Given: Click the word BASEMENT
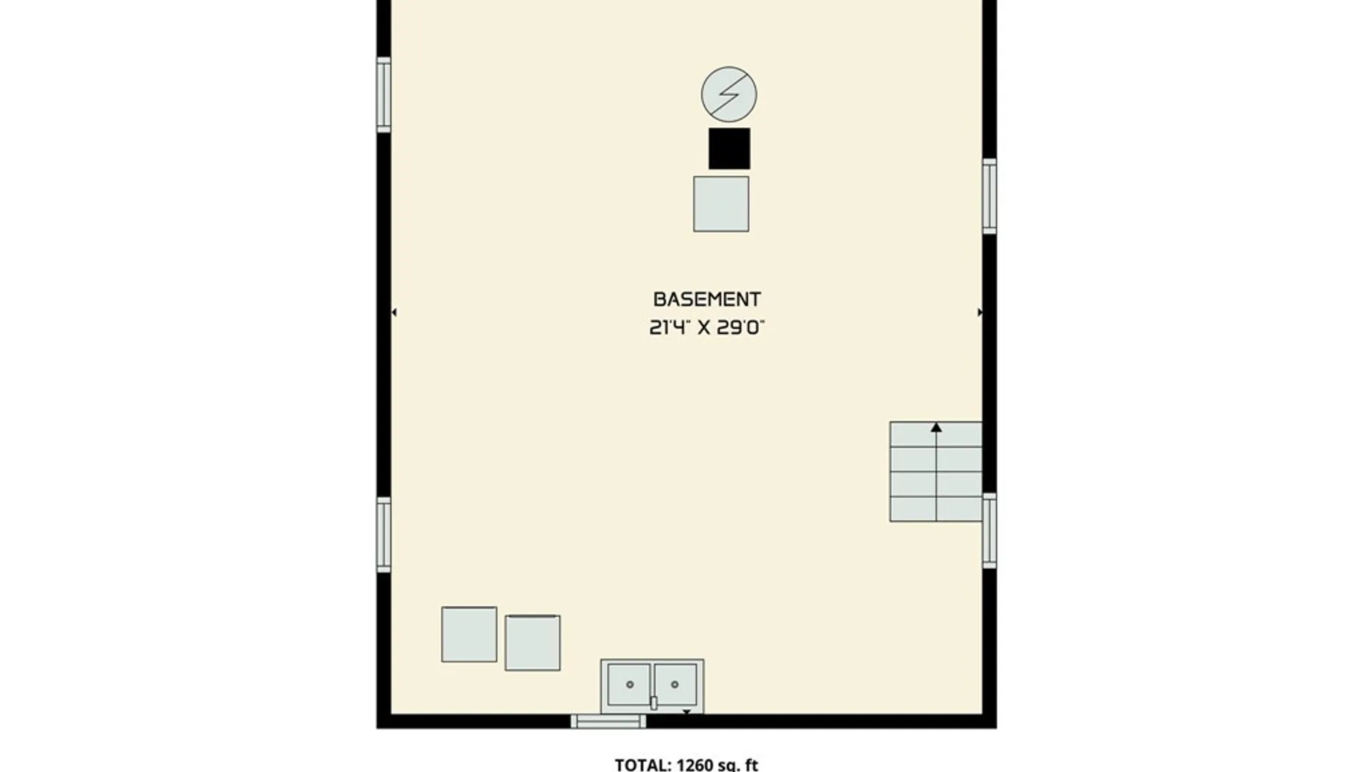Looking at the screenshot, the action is [x=707, y=299].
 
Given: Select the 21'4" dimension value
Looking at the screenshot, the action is [x=670, y=327].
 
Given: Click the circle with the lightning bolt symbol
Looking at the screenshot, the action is [x=729, y=94].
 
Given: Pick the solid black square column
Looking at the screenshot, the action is [x=730, y=149].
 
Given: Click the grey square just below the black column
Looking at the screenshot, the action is [x=721, y=204].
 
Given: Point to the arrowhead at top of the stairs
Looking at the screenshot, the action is [x=936, y=427].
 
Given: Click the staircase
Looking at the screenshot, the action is [x=935, y=472].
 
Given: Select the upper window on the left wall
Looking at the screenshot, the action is [x=384, y=94].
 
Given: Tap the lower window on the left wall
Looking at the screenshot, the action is [x=384, y=535].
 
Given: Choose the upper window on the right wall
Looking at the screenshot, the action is [x=990, y=196].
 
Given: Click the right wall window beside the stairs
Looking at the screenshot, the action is [x=990, y=530].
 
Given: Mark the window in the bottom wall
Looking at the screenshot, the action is [x=608, y=721].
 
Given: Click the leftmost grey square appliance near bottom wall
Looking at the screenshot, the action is [x=469, y=635].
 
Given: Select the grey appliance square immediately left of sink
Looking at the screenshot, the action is [x=532, y=643].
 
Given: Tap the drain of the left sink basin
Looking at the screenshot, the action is [x=630, y=685].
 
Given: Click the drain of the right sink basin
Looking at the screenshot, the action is [x=675, y=685].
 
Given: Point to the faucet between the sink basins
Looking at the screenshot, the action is [x=653, y=703].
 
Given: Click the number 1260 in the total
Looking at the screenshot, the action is [x=695, y=765].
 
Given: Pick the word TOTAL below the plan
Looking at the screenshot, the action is [x=643, y=765].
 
